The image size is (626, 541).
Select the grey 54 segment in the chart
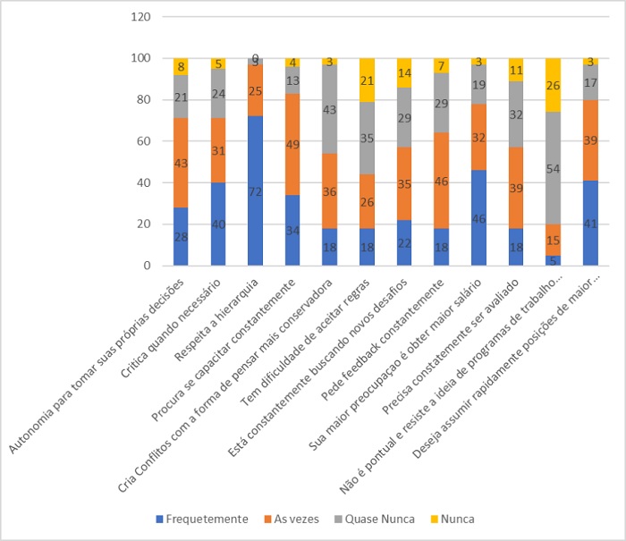(553, 167)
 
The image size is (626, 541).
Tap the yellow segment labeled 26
(553, 85)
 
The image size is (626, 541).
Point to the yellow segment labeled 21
(367, 80)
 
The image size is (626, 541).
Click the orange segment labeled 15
(553, 239)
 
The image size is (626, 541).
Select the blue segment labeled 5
(553, 260)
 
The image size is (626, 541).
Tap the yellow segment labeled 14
(404, 72)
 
